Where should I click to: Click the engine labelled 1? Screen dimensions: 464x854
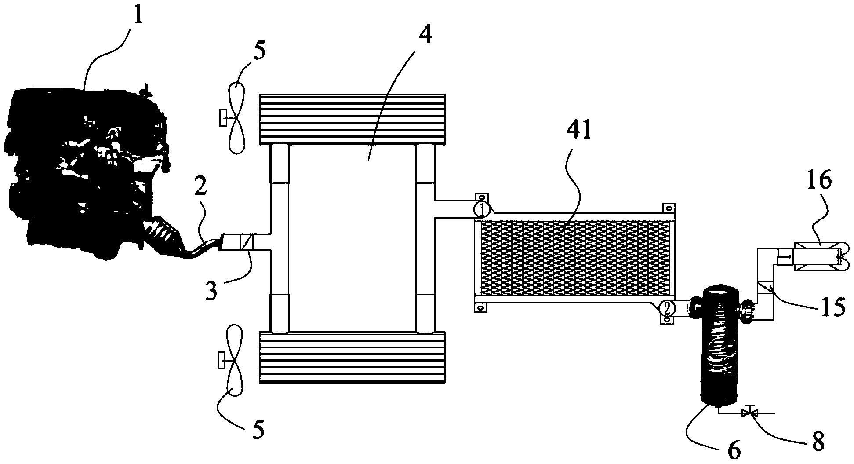[x=84, y=172]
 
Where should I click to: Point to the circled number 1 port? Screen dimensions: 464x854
[x=482, y=209]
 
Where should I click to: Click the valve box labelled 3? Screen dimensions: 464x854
[x=244, y=242]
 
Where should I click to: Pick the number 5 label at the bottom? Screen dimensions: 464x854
[x=258, y=430]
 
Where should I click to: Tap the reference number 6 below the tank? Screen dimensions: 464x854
[x=734, y=450]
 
